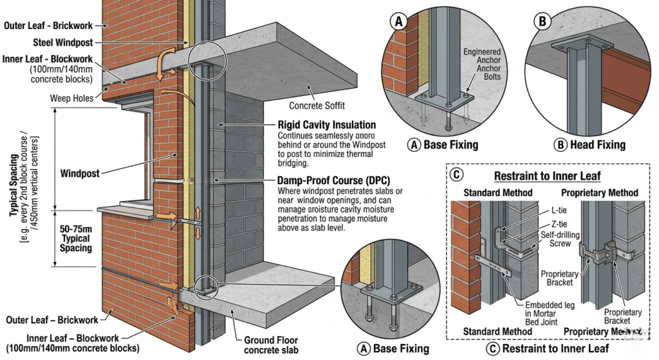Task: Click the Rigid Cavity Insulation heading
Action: click(x=326, y=124)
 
